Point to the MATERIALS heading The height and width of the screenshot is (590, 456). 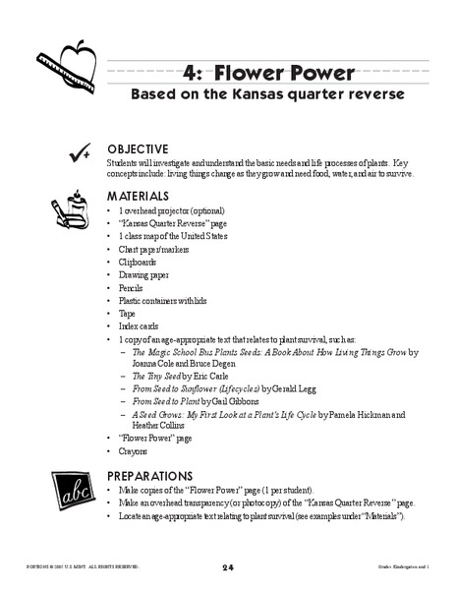[138, 196]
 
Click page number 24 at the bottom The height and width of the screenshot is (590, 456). [227, 567]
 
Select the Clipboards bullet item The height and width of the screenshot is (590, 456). [139, 263]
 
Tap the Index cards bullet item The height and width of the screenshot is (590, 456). [139, 326]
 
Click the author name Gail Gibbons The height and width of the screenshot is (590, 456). [257, 402]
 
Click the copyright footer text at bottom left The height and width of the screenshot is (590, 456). [78, 568]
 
